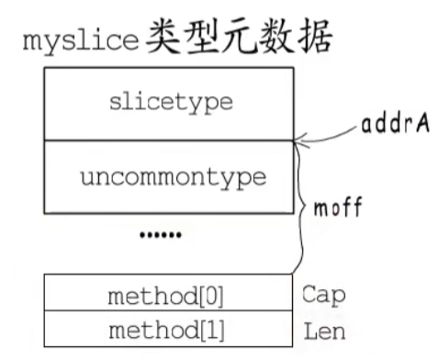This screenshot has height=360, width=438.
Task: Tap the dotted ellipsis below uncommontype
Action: click(x=161, y=236)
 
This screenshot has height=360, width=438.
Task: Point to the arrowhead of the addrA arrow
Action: click(x=296, y=141)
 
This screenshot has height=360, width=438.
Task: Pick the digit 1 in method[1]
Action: click(x=208, y=328)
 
